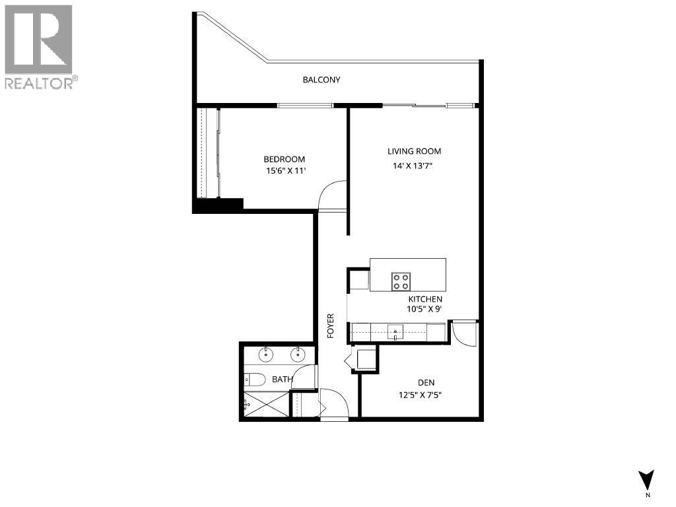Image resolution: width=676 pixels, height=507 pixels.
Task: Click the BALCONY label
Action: (x=321, y=80)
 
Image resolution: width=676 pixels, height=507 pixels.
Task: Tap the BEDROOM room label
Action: (x=284, y=159)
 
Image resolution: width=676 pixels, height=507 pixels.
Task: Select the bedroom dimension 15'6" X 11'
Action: (x=285, y=171)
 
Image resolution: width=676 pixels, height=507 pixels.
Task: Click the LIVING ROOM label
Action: (x=414, y=151)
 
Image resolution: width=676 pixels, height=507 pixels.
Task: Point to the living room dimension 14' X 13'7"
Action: (x=414, y=166)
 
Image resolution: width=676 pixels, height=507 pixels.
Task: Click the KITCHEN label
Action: (x=424, y=299)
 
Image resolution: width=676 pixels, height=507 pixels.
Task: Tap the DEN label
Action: (x=426, y=383)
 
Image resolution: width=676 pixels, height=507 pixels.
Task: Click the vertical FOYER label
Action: (x=331, y=326)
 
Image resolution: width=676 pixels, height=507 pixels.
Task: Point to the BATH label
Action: (x=283, y=380)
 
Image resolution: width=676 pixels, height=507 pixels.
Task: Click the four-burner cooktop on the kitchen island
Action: (x=401, y=282)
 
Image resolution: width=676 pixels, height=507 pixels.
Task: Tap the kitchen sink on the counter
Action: (x=395, y=331)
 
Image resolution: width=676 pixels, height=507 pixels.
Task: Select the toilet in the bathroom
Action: (x=253, y=379)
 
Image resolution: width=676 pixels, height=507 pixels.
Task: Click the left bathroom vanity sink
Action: (x=266, y=355)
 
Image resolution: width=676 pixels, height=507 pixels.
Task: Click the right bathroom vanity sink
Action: (x=298, y=355)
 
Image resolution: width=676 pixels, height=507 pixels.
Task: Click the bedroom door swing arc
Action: (x=331, y=195)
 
